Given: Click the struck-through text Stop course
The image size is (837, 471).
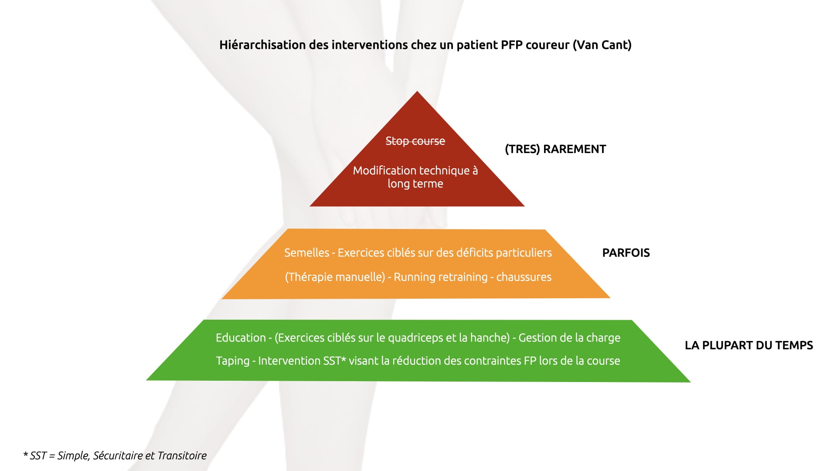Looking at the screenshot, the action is click(x=415, y=141).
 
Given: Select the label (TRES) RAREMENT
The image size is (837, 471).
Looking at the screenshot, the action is click(x=555, y=149).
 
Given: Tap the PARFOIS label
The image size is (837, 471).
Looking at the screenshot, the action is click(x=626, y=253).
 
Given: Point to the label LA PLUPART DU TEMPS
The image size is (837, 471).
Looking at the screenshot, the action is click(x=749, y=345).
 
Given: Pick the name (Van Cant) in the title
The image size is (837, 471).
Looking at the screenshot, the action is click(x=602, y=45).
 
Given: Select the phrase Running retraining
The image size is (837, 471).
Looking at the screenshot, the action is click(x=441, y=277).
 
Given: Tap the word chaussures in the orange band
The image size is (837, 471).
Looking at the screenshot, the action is click(x=524, y=277).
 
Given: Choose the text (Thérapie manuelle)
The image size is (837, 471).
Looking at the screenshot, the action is click(x=335, y=277).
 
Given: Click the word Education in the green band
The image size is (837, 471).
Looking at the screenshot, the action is click(x=241, y=338).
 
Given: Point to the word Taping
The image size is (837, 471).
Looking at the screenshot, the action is click(x=233, y=361).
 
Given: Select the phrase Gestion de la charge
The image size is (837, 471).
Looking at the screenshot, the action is click(x=569, y=338).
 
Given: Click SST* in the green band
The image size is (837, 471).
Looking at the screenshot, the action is click(x=334, y=361).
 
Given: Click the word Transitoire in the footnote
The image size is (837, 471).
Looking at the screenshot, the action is click(x=182, y=456).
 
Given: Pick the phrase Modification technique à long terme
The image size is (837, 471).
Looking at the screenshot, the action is click(x=415, y=177).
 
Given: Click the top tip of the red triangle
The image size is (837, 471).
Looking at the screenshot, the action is click(x=417, y=91).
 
